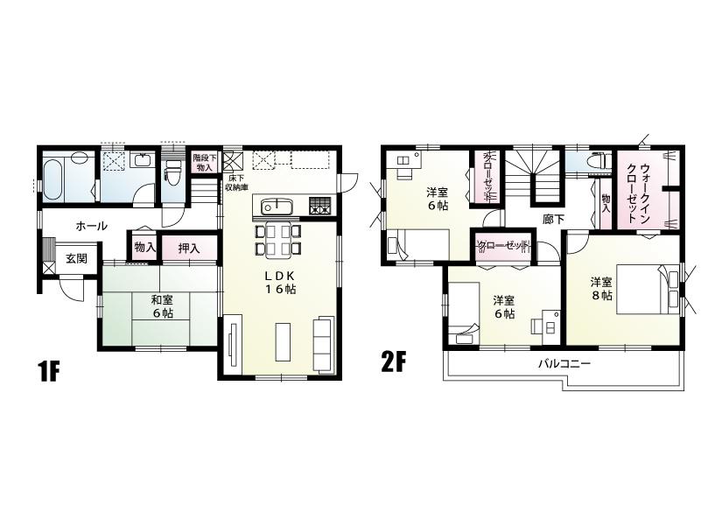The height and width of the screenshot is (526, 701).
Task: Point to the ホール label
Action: [91, 226]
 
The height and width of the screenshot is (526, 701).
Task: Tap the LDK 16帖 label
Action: [280, 283]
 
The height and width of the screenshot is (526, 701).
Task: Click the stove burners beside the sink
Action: [319, 207]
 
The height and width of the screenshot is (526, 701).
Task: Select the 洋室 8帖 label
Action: [600, 289]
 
